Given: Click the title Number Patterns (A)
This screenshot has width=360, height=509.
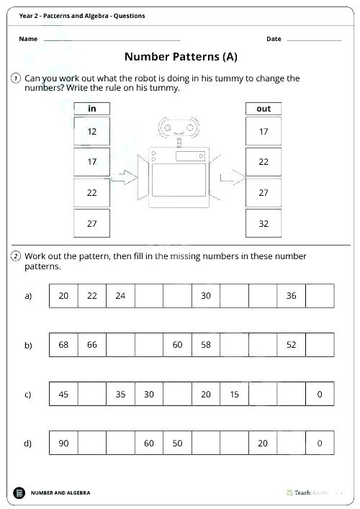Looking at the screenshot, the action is [181, 56].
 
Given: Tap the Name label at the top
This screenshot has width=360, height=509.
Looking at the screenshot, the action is [28, 39].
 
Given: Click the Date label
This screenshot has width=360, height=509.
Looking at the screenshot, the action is [274, 39].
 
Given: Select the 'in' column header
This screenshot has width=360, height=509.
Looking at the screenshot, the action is [92, 109].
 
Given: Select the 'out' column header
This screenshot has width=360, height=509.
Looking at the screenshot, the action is [264, 109].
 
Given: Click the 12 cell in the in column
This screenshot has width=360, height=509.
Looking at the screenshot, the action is [92, 132].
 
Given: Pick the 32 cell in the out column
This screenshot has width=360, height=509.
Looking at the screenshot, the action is [264, 224].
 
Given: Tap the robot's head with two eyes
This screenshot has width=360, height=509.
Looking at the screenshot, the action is [177, 128].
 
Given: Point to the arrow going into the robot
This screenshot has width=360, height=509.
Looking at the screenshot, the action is [127, 177].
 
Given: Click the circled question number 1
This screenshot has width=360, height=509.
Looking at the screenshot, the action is [16, 78].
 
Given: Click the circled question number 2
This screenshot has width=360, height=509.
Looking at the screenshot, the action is [16, 256].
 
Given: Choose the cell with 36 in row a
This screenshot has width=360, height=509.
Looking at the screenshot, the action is [291, 296].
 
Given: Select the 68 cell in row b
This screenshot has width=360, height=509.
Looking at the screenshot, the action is [63, 345].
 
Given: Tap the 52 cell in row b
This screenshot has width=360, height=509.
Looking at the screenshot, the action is [291, 345].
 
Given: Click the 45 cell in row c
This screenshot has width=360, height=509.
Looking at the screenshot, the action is [63, 394].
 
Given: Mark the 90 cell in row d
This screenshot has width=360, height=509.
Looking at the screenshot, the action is [63, 443].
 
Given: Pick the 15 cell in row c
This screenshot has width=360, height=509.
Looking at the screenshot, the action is [234, 394].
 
